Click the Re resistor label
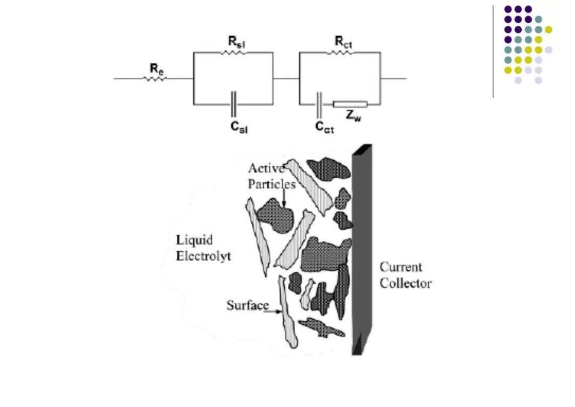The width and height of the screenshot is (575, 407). (x=157, y=69)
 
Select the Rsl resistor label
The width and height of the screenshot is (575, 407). (x=236, y=42)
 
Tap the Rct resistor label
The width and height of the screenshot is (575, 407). (x=343, y=42)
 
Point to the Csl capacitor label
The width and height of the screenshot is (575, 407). (x=239, y=127)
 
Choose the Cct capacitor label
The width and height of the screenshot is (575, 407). (x=324, y=127)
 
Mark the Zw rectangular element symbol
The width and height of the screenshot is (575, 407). (x=350, y=104)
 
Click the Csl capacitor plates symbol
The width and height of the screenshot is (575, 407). (x=234, y=104)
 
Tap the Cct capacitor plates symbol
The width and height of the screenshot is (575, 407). (x=319, y=105)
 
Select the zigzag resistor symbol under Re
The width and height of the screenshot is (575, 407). (x=155, y=78)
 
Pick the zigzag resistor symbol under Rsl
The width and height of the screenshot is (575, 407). (x=234, y=53)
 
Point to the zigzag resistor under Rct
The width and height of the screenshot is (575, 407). (x=340, y=53)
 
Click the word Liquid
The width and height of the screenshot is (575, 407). (x=194, y=240)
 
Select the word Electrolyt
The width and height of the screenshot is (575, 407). (x=203, y=256)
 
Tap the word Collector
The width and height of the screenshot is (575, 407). (x=406, y=283)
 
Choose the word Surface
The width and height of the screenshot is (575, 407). (x=248, y=305)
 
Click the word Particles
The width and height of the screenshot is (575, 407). (x=272, y=184)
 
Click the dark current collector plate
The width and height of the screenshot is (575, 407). (x=362, y=249)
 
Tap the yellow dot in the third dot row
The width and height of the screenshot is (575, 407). (x=548, y=29)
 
